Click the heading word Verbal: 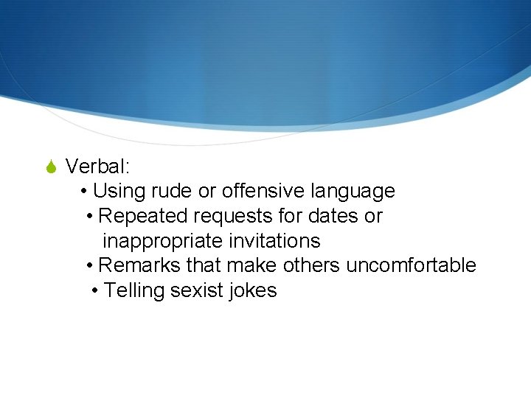pos(97,167)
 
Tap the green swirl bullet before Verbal pos(50,167)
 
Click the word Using pos(119,192)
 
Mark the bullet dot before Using pos(85,192)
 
